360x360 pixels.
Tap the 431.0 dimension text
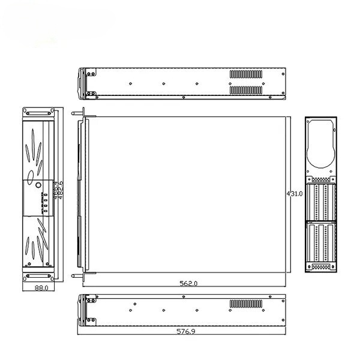click(x=294, y=194)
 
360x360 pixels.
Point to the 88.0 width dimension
click(x=39, y=288)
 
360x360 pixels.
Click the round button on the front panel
click(x=39, y=185)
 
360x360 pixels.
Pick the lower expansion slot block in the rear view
click(x=321, y=243)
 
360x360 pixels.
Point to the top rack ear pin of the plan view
click(x=76, y=112)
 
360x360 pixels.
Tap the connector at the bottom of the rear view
click(x=321, y=266)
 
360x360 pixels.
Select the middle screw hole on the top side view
click(x=164, y=83)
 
